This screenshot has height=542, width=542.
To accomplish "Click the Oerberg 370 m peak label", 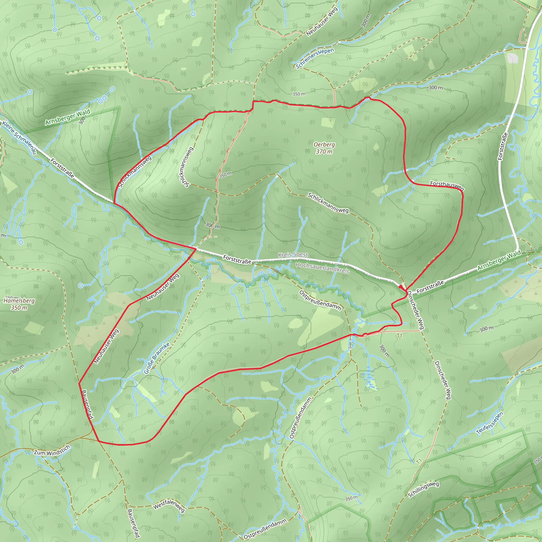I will point(324,148).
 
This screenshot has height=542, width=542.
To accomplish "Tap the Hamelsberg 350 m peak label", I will point(19,304).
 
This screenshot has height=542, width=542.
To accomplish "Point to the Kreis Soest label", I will point(293,254).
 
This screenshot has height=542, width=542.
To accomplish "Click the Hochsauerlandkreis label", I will point(322,268).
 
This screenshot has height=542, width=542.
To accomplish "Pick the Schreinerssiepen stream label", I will point(315,58).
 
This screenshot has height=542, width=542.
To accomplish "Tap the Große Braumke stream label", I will point(157,358).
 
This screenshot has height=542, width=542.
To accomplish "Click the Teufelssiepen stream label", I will point(490,423).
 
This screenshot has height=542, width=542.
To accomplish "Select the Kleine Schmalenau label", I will point(19,137).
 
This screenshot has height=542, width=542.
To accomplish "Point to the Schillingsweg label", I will point(423,489).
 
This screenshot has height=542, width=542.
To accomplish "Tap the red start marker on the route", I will point(401,287).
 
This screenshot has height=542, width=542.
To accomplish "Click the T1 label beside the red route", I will point(399,336).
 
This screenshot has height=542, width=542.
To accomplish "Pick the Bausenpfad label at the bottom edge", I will point(133,523).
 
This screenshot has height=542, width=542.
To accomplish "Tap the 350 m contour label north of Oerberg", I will point(299,94).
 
